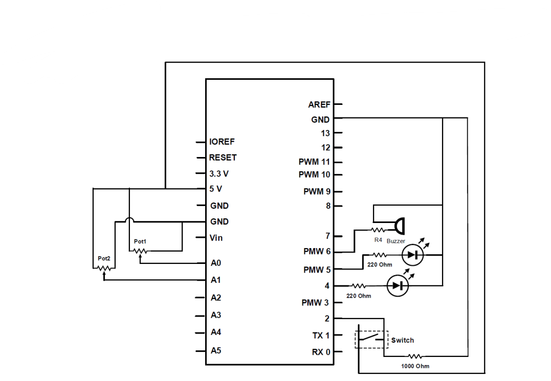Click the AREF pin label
(319, 105)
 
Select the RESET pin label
(223, 158)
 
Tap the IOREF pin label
(222, 142)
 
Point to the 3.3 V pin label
(219, 173)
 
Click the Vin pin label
(216, 238)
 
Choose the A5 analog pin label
(216, 351)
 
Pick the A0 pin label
(216, 263)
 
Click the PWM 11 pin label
(315, 162)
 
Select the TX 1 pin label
(321, 335)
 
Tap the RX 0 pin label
(321, 352)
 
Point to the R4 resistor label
(378, 239)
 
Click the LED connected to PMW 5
(412, 255)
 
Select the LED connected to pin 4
(398, 286)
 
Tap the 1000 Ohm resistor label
(415, 366)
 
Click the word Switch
(403, 340)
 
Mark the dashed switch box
(371, 339)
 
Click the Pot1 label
(140, 241)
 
